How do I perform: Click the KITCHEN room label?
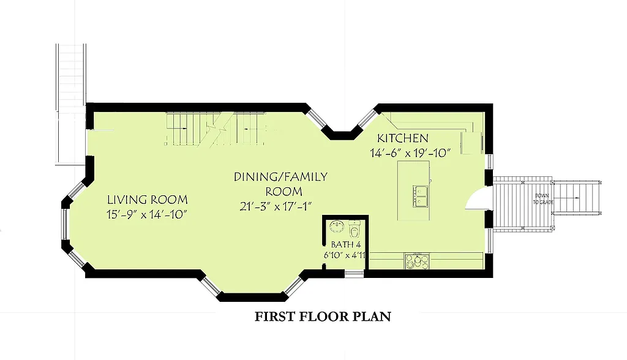(402, 138)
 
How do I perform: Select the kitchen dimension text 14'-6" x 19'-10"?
(410, 153)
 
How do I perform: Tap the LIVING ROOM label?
(147, 200)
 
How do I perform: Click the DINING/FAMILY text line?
(280, 177)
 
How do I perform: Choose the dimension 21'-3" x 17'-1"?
(280, 206)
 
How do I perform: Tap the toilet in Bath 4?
(355, 231)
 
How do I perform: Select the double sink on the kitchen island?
(419, 195)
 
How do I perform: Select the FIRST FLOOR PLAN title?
(323, 317)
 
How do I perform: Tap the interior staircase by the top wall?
(214, 129)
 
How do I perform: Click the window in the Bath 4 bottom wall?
(353, 272)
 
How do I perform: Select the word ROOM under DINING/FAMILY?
(280, 192)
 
